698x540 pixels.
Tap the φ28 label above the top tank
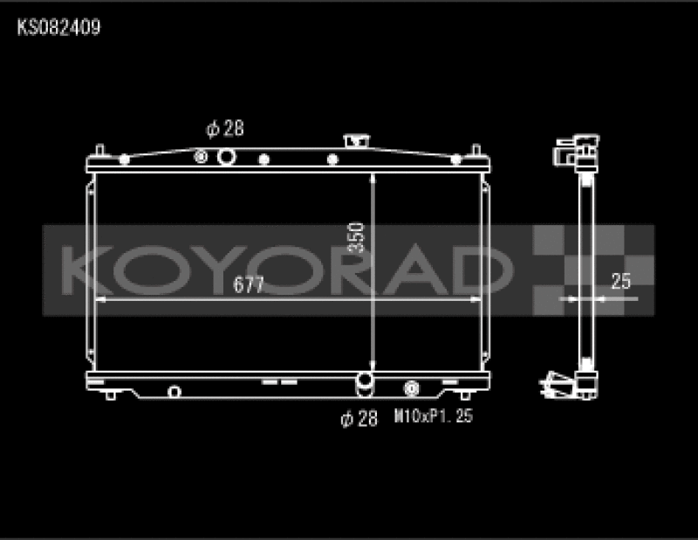pyautogui.click(x=224, y=129)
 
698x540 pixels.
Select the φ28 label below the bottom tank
pyautogui.click(x=359, y=419)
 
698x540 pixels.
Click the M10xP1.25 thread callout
pyautogui.click(x=434, y=418)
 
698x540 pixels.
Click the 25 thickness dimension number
pyautogui.click(x=620, y=281)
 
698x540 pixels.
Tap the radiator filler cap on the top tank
pyautogui.click(x=356, y=141)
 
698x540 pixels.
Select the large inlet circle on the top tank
pyautogui.click(x=227, y=157)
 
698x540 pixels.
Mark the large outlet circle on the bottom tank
pyautogui.click(x=365, y=381)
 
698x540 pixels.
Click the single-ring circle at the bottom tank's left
pyautogui.click(x=174, y=390)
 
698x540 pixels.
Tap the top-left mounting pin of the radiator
pyautogui.click(x=101, y=152)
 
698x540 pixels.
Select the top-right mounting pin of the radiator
pyautogui.click(x=476, y=152)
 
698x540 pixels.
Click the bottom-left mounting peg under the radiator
pyautogui.click(x=111, y=395)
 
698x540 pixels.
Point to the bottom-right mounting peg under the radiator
pyautogui.click(x=472, y=395)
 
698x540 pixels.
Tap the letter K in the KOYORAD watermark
pyautogui.click(x=84, y=270)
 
